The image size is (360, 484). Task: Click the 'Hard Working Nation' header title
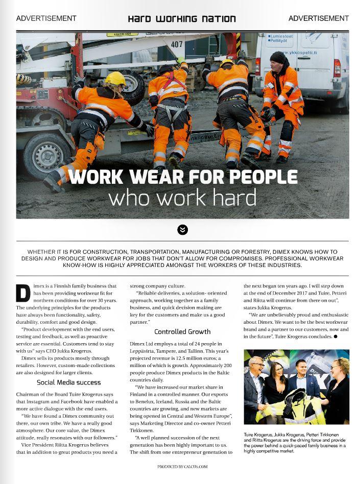coord(182,19)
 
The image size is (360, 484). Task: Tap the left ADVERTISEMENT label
coord(46,18)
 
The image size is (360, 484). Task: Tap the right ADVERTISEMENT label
coord(318,18)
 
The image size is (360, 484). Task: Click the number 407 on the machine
coord(177,44)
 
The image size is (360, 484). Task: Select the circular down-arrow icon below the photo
coord(182,230)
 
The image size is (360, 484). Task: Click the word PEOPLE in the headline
coord(263,177)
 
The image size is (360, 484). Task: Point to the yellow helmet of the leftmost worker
coord(115,78)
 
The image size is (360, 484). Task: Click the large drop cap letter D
coord(23,293)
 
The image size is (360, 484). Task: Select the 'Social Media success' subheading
coord(68,382)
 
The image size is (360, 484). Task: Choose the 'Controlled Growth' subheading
coord(182,331)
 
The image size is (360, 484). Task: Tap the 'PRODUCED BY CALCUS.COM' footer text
coord(182,466)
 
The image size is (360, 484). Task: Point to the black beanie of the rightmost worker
coord(279,56)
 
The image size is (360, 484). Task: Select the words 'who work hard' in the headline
coord(182,198)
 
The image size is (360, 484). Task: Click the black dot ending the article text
coord(335,337)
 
